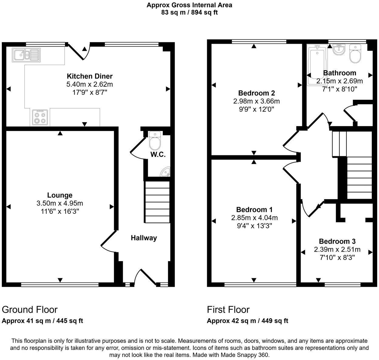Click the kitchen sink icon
pos(26,55)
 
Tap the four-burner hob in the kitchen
pos(40,117)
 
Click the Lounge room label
pos(60,195)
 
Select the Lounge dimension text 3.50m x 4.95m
pos(60,203)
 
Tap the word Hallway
pos(144,238)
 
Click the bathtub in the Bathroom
pos(317,64)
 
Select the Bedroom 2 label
pos(257,93)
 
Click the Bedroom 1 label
pos(254,209)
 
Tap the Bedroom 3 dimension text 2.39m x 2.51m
pos(337,250)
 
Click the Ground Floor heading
pos(30,310)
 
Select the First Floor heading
pos(228,310)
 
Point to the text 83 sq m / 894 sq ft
pos(189,12)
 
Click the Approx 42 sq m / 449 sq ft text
pos(248,321)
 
